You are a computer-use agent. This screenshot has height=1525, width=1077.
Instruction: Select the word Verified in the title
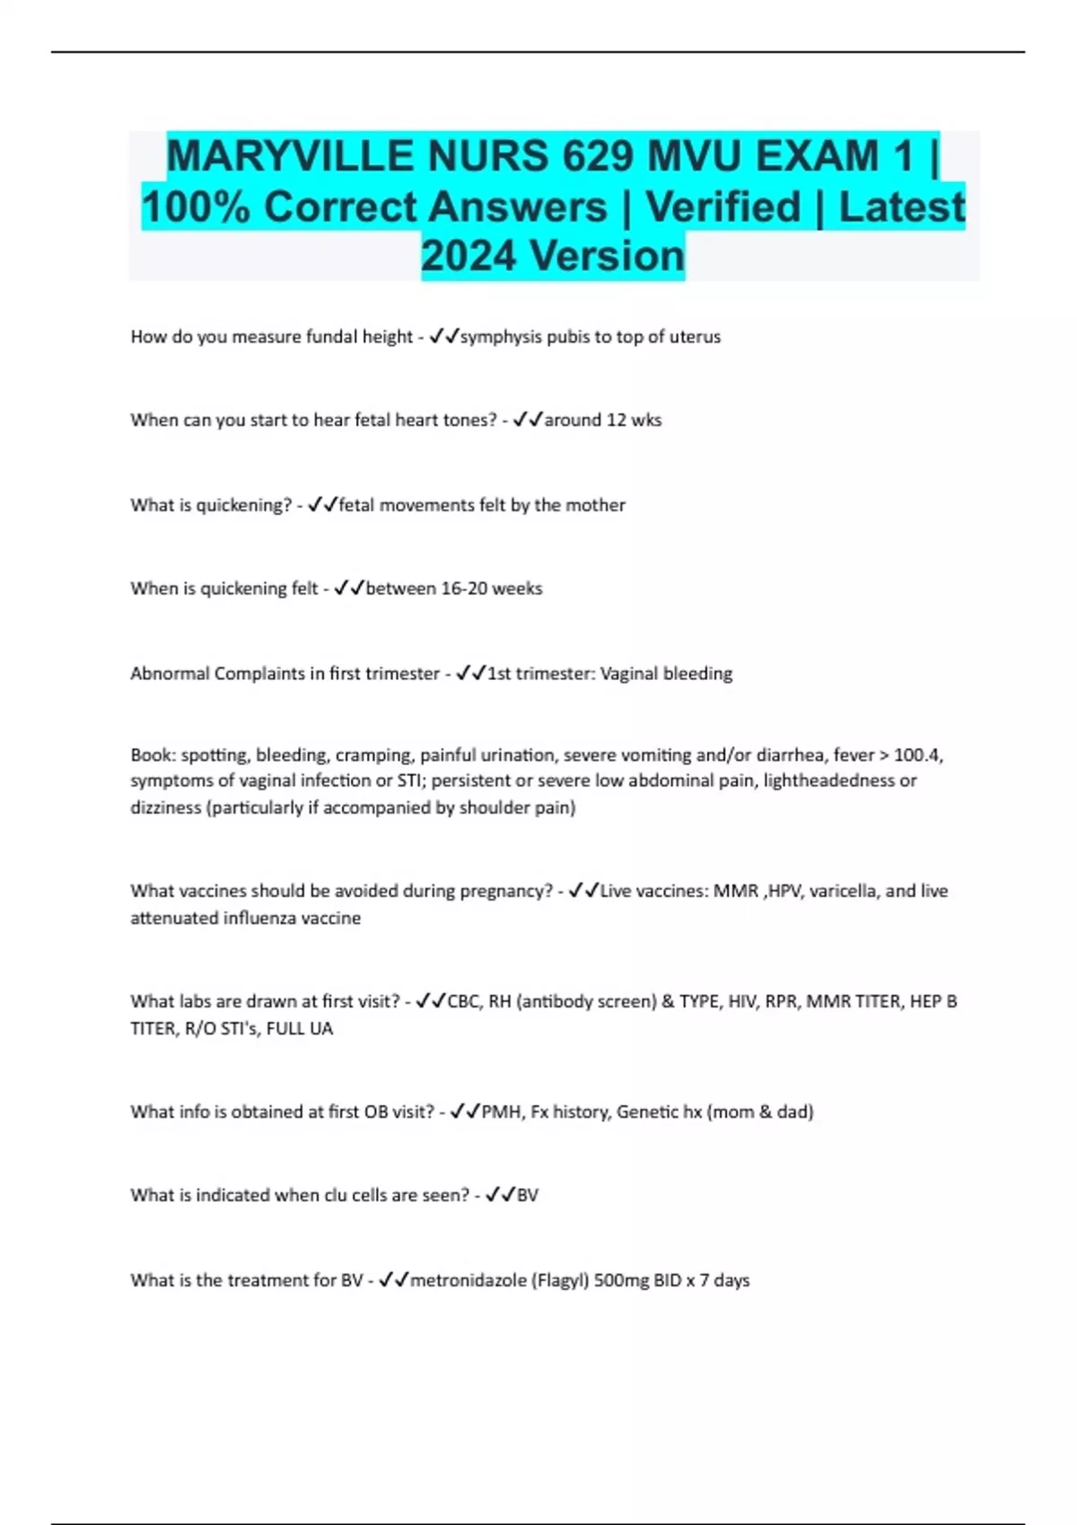click(x=722, y=206)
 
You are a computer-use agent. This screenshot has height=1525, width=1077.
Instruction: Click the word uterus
click(x=695, y=337)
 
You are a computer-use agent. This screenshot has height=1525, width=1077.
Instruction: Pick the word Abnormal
click(x=170, y=674)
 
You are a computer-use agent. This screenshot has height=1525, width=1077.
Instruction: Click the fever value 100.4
click(x=917, y=755)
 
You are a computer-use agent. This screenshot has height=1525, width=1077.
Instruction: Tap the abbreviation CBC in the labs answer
click(x=463, y=1002)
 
